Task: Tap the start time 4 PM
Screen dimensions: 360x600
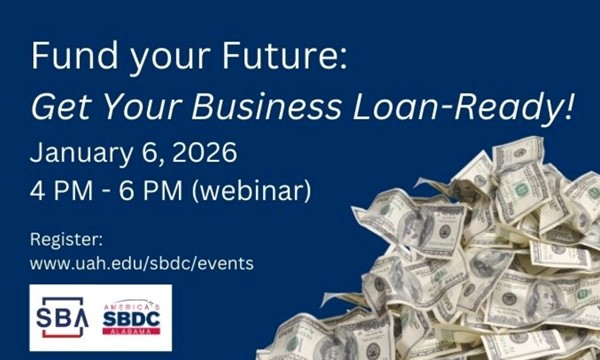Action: point(57,189)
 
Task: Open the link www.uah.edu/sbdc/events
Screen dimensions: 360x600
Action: point(141,264)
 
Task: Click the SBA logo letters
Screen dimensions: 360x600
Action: point(63,317)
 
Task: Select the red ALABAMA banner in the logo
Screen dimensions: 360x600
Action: point(131,331)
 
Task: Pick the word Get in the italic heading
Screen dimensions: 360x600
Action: point(59,107)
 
